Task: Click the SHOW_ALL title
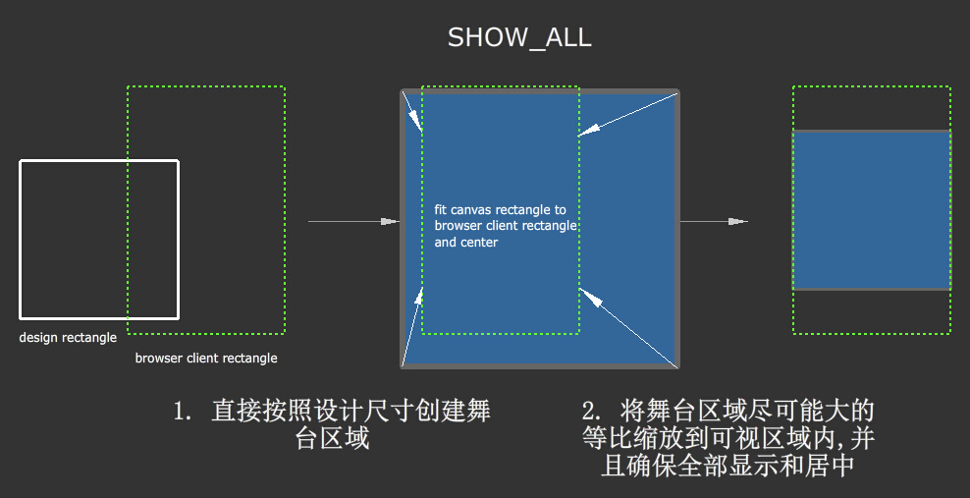[519, 38]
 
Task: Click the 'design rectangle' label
[68, 338]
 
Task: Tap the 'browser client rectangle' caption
[206, 359]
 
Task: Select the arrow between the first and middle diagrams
[353, 222]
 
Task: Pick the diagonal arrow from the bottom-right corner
[628, 328]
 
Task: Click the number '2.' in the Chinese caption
[593, 410]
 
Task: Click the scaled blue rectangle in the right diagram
[872, 210]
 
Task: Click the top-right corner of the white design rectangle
[178, 161]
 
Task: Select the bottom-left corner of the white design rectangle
[21, 317]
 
